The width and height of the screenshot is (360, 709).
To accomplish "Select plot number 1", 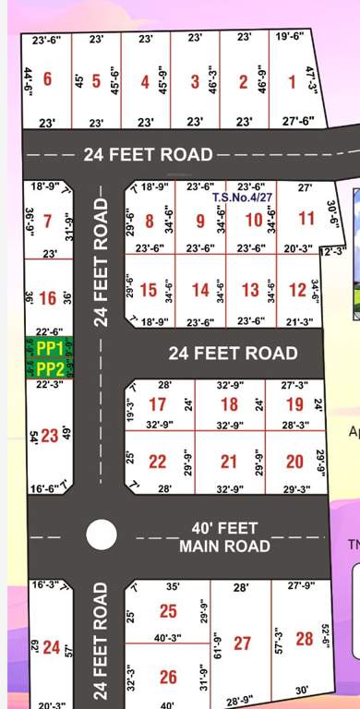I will (x=292, y=82).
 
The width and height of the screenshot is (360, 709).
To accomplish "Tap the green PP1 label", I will (x=50, y=349).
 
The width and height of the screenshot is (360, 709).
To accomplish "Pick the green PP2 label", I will (x=50, y=368).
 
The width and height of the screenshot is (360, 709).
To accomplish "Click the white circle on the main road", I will (x=101, y=535).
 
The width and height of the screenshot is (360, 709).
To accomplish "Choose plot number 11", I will (x=306, y=220).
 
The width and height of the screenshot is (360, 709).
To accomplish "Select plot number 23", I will (x=49, y=436).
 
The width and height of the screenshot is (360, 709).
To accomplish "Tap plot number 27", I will (x=242, y=643).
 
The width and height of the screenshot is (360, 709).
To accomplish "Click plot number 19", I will (x=294, y=404).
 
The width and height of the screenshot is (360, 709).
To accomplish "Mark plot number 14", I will (x=200, y=291).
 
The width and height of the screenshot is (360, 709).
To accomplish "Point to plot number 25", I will (x=167, y=611).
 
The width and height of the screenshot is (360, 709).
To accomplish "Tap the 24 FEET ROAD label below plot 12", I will (x=233, y=353).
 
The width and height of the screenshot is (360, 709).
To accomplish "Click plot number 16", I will (x=48, y=298).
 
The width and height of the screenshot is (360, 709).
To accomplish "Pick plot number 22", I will (x=158, y=462).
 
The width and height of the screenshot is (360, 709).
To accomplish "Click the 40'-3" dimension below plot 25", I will (x=168, y=636).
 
